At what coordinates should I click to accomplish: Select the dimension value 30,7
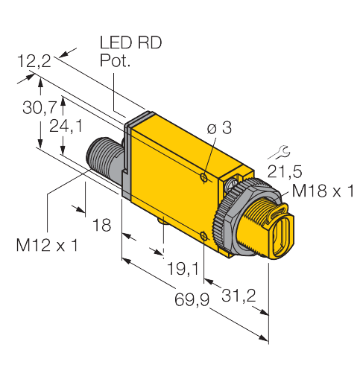point(38,108)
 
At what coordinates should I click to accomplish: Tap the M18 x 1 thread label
point(322,191)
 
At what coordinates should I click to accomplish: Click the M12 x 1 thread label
point(46,244)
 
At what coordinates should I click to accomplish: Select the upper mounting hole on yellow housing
point(204,177)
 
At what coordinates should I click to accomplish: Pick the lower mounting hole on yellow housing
point(205,237)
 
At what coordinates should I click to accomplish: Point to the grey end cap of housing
point(128,160)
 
